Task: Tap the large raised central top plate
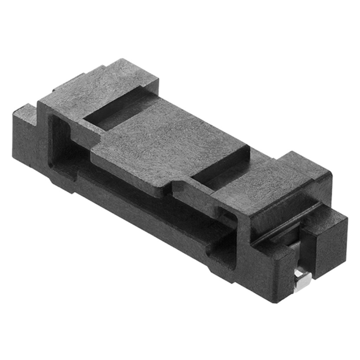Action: (x=169, y=143)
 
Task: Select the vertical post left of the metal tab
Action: (x=281, y=264)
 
